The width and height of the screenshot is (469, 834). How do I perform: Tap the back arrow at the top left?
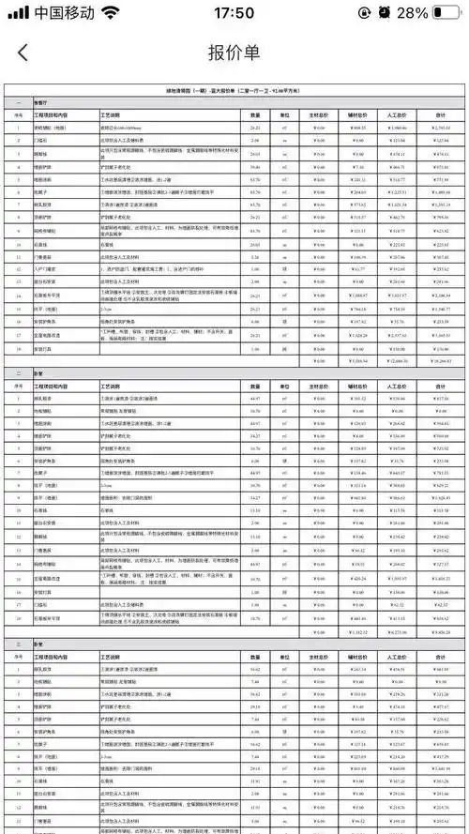click(x=23, y=53)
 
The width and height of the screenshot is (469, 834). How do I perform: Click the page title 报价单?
click(x=234, y=53)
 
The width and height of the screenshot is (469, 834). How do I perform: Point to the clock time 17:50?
click(x=234, y=13)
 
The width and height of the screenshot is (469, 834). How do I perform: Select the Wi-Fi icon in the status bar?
click(x=111, y=13)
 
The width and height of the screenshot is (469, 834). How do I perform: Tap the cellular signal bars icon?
click(x=17, y=13)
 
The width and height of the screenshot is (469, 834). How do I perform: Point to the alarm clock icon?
click(x=385, y=13)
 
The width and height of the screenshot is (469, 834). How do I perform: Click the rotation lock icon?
click(x=364, y=13)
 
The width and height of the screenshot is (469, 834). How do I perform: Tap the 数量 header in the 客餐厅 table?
click(x=255, y=114)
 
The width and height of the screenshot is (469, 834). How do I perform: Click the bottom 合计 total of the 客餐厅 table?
click(x=439, y=359)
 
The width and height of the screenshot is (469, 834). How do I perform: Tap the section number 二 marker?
click(x=18, y=372)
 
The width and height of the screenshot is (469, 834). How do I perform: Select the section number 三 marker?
click(x=18, y=645)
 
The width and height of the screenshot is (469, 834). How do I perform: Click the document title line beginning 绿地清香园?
click(x=234, y=92)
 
